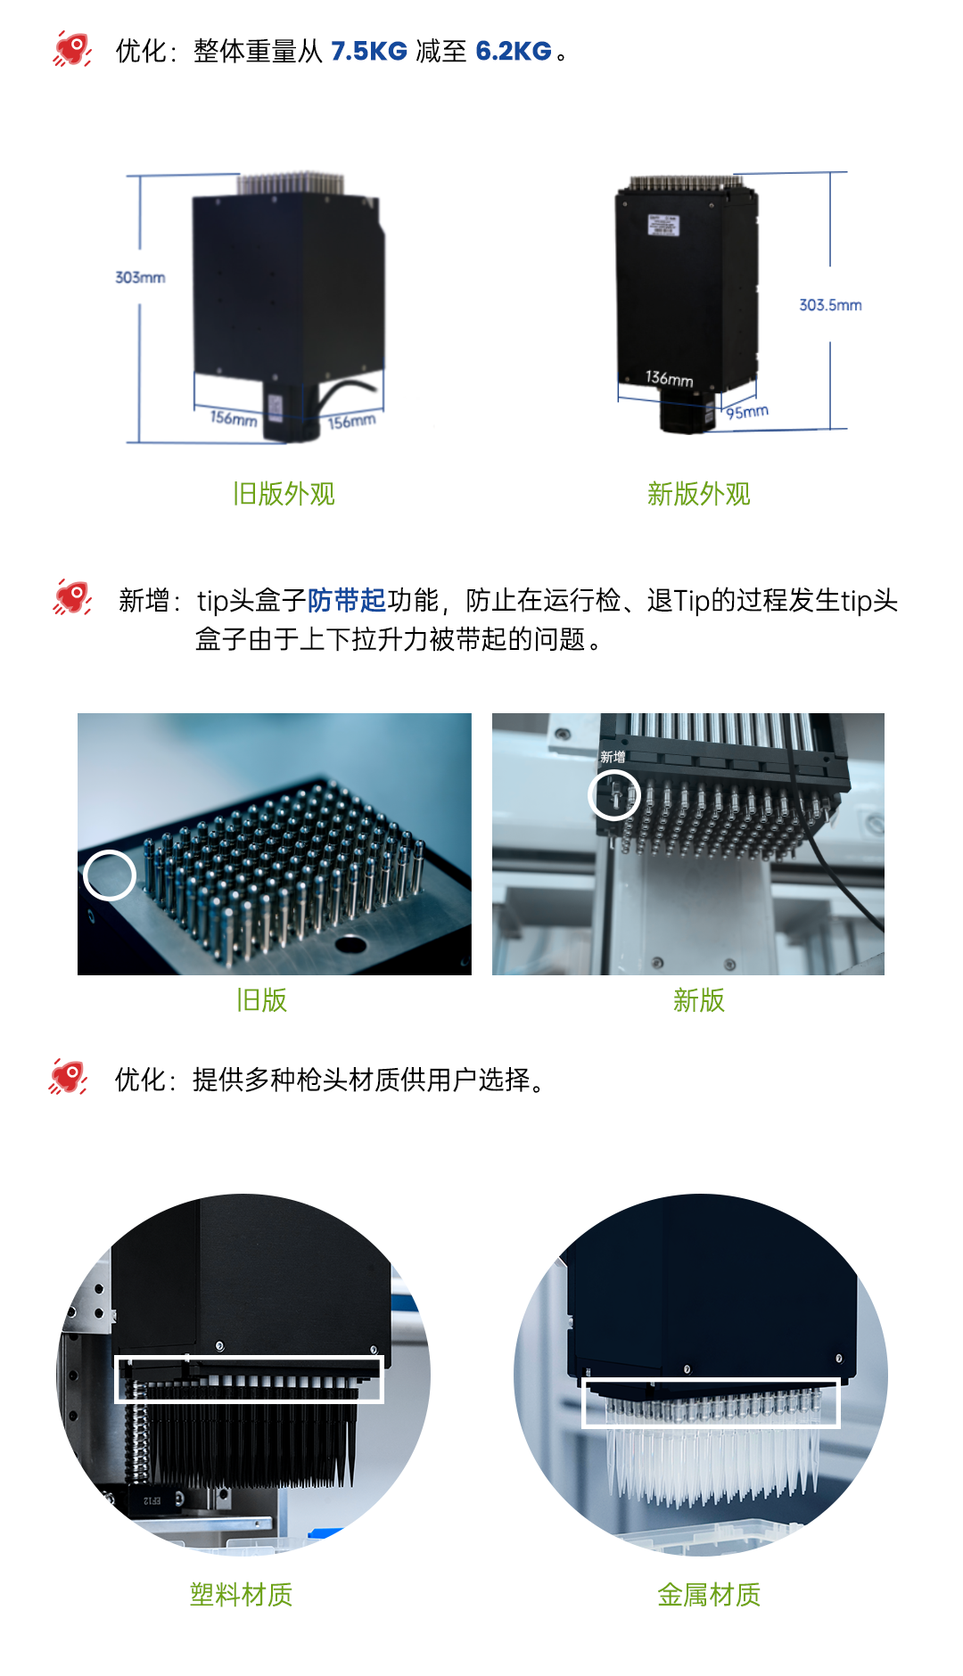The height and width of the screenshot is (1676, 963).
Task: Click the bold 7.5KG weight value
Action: (369, 52)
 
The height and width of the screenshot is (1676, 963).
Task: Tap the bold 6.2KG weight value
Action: (514, 52)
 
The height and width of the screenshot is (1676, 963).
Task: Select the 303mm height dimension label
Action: (140, 277)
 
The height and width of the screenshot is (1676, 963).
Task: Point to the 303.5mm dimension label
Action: (830, 305)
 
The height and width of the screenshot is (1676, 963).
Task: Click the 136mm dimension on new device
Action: (670, 379)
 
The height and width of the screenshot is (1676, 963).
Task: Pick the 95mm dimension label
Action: (747, 411)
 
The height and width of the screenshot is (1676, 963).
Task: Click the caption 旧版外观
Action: (284, 494)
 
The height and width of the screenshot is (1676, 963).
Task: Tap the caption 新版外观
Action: (699, 494)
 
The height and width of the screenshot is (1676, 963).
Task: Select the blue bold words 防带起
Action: (347, 601)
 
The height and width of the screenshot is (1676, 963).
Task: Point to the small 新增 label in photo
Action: (613, 757)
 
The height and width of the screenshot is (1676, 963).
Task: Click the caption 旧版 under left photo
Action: (261, 1000)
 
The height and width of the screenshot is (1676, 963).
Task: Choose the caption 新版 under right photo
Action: (699, 1000)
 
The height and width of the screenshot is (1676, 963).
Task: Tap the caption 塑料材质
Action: (241, 1595)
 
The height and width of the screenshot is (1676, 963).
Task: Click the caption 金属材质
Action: (709, 1595)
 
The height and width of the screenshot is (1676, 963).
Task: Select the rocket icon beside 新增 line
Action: (72, 597)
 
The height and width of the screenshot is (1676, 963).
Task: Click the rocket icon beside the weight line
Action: (72, 49)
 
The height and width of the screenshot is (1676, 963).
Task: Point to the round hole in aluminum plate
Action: (350, 944)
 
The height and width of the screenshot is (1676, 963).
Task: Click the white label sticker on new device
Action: (663, 225)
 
